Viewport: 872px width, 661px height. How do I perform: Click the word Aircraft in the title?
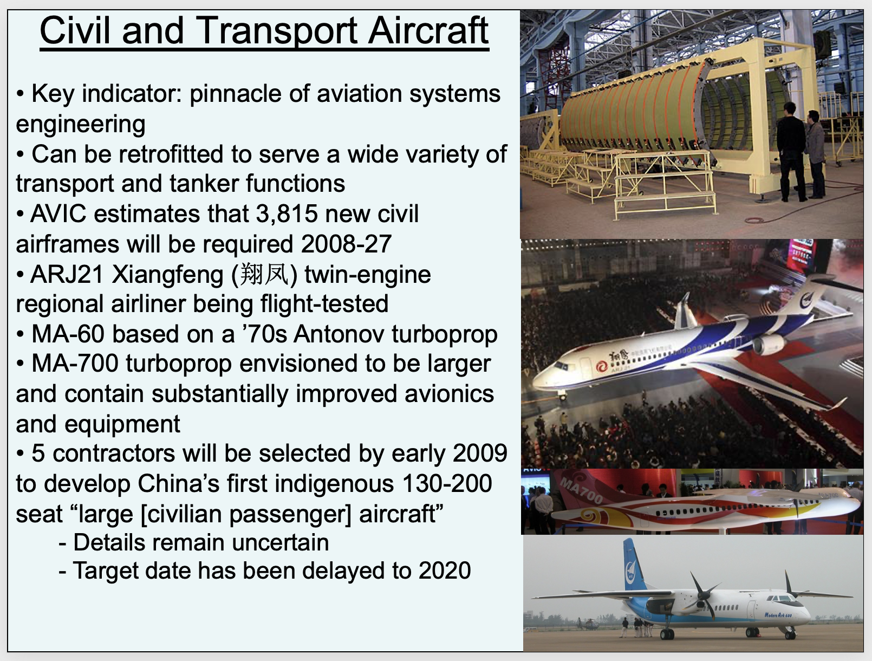coord(428,30)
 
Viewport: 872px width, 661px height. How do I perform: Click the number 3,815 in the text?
coord(287,214)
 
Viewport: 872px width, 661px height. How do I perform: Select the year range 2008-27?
coord(346,244)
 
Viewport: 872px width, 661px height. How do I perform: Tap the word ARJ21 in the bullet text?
coord(67,275)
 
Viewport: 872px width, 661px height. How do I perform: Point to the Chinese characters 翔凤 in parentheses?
coord(264,275)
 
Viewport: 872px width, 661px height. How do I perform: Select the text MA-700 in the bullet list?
coord(75,364)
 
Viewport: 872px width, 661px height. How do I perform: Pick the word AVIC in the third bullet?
coord(58,214)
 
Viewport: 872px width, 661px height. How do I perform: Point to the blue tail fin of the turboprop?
coord(634,564)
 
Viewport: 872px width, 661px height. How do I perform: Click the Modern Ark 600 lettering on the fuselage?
coord(778,615)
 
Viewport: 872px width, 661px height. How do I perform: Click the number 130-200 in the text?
coord(447,483)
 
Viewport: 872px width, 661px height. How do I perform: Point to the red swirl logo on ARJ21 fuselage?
coord(601,366)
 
